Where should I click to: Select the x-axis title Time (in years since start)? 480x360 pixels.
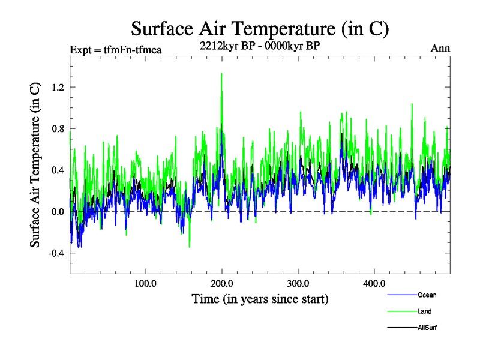tap(260, 298)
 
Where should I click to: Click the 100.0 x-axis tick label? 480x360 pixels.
tap(146, 283)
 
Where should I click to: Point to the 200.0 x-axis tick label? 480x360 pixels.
tap(222, 283)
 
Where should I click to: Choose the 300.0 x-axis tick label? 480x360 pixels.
tap(298, 283)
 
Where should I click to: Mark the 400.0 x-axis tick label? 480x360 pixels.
tap(374, 283)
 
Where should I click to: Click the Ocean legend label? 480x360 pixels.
tap(427, 295)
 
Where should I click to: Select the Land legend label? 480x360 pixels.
tap(424, 311)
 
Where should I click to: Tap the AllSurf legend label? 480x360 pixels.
tap(427, 328)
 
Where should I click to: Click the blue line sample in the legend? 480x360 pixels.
tap(402, 295)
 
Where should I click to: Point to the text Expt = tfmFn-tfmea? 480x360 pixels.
tap(116, 50)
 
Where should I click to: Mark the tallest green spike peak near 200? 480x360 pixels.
tap(222, 73)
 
